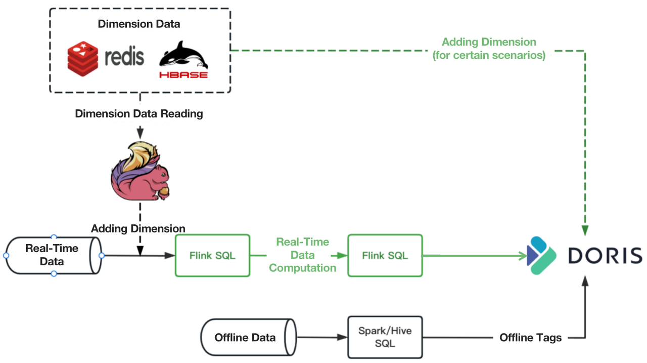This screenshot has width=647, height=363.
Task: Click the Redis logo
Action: [106, 57]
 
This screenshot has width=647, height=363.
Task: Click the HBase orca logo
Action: [183, 60]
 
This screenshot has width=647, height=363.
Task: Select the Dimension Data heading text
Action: [139, 24]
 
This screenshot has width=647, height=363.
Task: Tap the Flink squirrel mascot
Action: [140, 172]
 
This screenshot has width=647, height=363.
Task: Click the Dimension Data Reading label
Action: [139, 113]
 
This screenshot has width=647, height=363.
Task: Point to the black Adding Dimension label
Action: [138, 228]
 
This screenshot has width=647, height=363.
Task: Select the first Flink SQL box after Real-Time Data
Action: [212, 256]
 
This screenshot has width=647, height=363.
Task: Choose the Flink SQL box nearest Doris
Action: [385, 256]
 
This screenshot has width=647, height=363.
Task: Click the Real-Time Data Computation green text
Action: [302, 255]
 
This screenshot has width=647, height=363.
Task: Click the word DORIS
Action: [605, 256]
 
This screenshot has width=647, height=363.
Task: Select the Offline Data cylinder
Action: [246, 337]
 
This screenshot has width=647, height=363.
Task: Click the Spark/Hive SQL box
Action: [385, 337]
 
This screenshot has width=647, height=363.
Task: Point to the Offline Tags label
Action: [530, 338]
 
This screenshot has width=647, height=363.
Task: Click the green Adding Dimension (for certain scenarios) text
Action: [489, 49]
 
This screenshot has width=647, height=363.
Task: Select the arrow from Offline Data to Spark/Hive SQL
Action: [321, 337]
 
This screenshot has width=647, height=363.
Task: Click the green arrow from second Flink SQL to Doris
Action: [475, 256]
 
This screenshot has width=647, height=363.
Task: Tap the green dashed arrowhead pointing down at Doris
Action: [585, 230]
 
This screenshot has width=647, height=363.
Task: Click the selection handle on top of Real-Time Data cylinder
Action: [54, 237]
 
